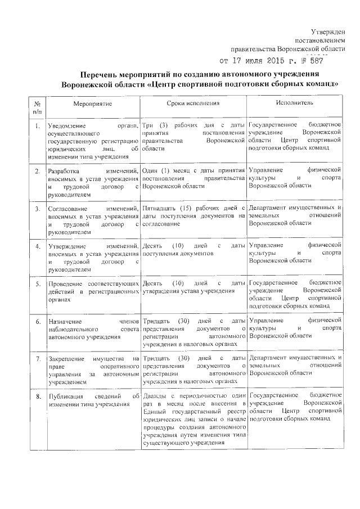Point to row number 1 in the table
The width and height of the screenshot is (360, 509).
click(x=37, y=125)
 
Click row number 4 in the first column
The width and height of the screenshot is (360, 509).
click(x=37, y=246)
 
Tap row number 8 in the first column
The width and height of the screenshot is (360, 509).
click(x=37, y=397)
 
